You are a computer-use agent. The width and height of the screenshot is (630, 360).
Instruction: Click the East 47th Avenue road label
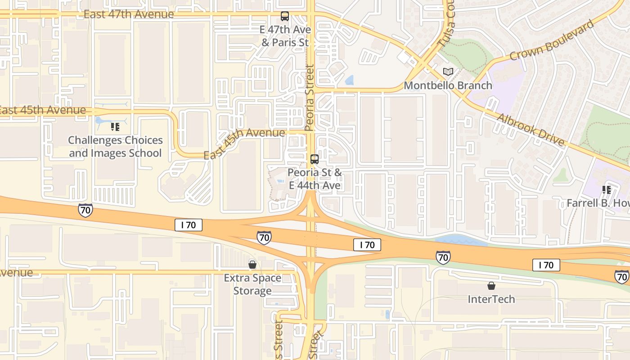click(129, 14)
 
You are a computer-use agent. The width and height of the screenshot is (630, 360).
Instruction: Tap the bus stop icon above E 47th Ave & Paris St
click(285, 16)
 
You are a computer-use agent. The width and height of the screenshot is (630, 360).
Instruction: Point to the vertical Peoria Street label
click(309, 98)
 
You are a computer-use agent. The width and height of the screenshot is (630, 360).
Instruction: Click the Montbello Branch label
click(448, 85)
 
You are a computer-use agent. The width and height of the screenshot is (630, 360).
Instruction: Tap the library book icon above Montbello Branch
click(448, 72)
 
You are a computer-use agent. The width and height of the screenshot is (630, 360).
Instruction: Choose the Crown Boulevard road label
click(552, 40)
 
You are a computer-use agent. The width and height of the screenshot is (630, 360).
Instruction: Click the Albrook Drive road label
click(531, 130)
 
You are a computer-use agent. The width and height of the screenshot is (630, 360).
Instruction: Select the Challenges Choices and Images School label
click(115, 147)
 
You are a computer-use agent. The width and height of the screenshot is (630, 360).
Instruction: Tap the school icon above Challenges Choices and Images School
click(115, 127)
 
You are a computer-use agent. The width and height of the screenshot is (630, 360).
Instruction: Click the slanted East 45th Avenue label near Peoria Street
click(244, 143)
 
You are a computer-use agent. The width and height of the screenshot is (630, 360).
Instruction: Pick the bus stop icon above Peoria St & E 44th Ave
click(315, 159)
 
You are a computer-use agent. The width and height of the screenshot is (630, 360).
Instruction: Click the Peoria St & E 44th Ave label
click(315, 179)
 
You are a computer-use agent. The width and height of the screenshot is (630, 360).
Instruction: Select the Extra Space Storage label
click(252, 284)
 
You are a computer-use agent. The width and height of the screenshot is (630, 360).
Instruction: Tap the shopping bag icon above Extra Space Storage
click(252, 264)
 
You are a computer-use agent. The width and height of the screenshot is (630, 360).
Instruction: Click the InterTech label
click(491, 299)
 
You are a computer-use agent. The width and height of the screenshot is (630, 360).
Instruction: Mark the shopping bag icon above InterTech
click(491, 285)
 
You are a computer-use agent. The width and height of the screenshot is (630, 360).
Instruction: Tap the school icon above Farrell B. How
click(607, 190)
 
